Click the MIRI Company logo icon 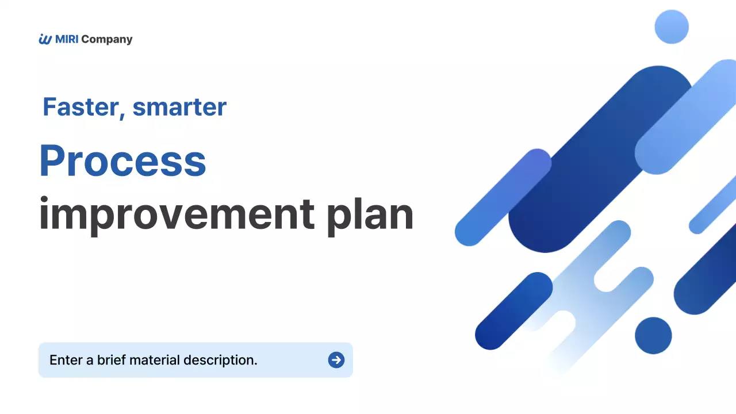(45, 39)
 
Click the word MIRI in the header (67, 39)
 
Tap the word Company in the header (107, 40)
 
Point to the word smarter (179, 107)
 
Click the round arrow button (336, 360)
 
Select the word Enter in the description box (66, 360)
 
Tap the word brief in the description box (112, 360)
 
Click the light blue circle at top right (672, 27)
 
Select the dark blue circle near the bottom (653, 335)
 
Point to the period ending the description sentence (255, 365)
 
